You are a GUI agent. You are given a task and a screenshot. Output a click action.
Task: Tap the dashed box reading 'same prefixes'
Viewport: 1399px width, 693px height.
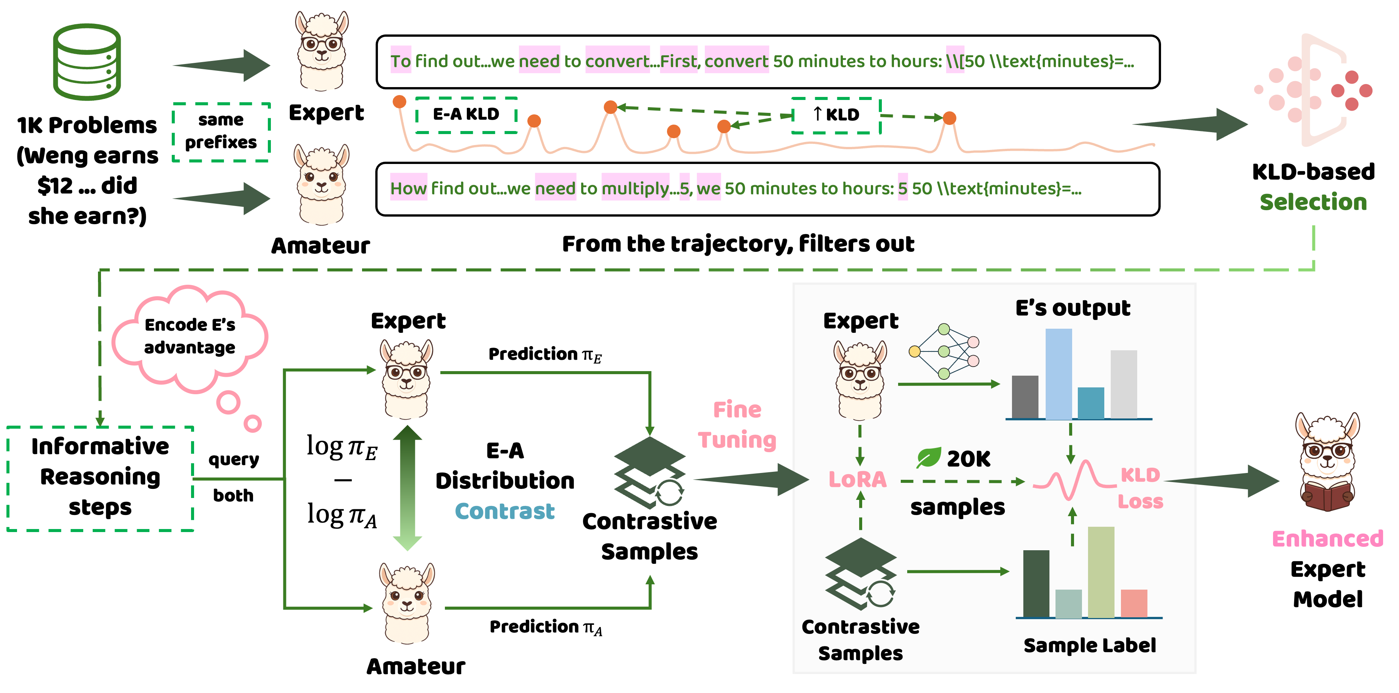tap(221, 131)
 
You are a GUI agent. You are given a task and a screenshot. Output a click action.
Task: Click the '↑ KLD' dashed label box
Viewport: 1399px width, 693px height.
tap(836, 115)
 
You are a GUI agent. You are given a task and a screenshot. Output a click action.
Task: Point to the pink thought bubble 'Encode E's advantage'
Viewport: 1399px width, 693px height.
tap(190, 337)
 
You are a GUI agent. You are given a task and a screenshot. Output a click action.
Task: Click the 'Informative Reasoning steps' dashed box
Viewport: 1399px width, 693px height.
tap(101, 477)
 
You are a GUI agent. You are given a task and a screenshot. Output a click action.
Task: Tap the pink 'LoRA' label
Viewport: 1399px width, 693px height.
tap(857, 479)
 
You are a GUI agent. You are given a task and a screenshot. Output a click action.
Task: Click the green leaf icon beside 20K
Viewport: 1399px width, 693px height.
tap(929, 458)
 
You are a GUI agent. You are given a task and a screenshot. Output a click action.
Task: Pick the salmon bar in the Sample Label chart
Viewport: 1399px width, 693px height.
tap(1133, 603)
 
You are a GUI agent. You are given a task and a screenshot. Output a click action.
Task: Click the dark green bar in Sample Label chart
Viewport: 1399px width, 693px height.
tap(1036, 584)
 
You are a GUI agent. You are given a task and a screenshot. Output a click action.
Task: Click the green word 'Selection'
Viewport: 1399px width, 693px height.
tap(1313, 202)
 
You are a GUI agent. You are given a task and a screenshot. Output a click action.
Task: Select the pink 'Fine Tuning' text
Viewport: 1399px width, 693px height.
tap(737, 425)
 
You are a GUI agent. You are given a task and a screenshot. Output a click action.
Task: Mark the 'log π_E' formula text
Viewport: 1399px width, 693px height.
tap(342, 447)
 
